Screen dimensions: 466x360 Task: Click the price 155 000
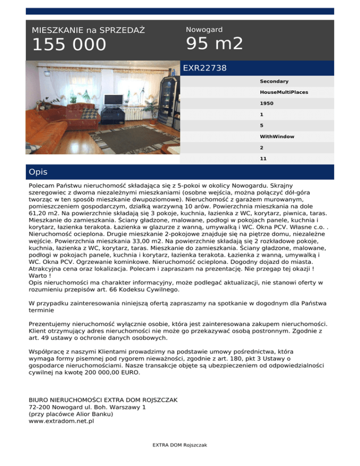pos(69,45)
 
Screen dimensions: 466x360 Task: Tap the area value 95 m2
pos(214,44)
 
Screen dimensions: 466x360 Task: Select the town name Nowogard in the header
pos(204,30)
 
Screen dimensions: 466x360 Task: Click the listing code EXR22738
pos(204,68)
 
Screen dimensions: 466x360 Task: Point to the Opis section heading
pos(37,172)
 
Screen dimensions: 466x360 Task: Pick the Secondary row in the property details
pos(274,82)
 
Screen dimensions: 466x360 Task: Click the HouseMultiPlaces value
pos(284,92)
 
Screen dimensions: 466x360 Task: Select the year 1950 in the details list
pos(267,103)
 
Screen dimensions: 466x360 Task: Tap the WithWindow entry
pos(277,136)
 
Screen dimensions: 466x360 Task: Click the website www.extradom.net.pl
pos(61,421)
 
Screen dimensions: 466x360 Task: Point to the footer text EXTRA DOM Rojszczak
pos(180,445)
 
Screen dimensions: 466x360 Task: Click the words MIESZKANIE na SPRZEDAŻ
pos(88,30)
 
